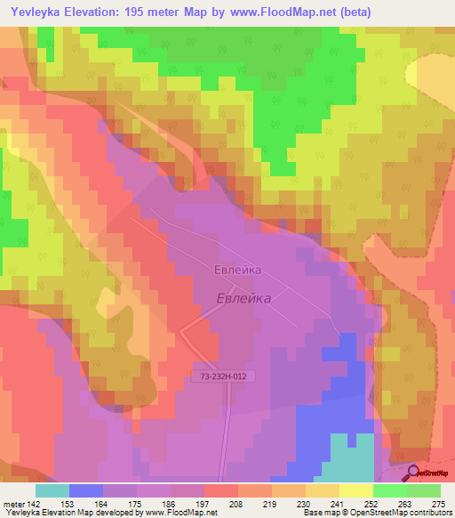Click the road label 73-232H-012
point(223,377)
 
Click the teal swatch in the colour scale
point(52,490)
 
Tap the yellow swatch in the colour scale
point(356,490)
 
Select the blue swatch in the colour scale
point(86,490)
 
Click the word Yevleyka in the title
point(36,12)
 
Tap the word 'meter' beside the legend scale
point(14,503)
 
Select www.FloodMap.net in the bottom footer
point(180,513)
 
